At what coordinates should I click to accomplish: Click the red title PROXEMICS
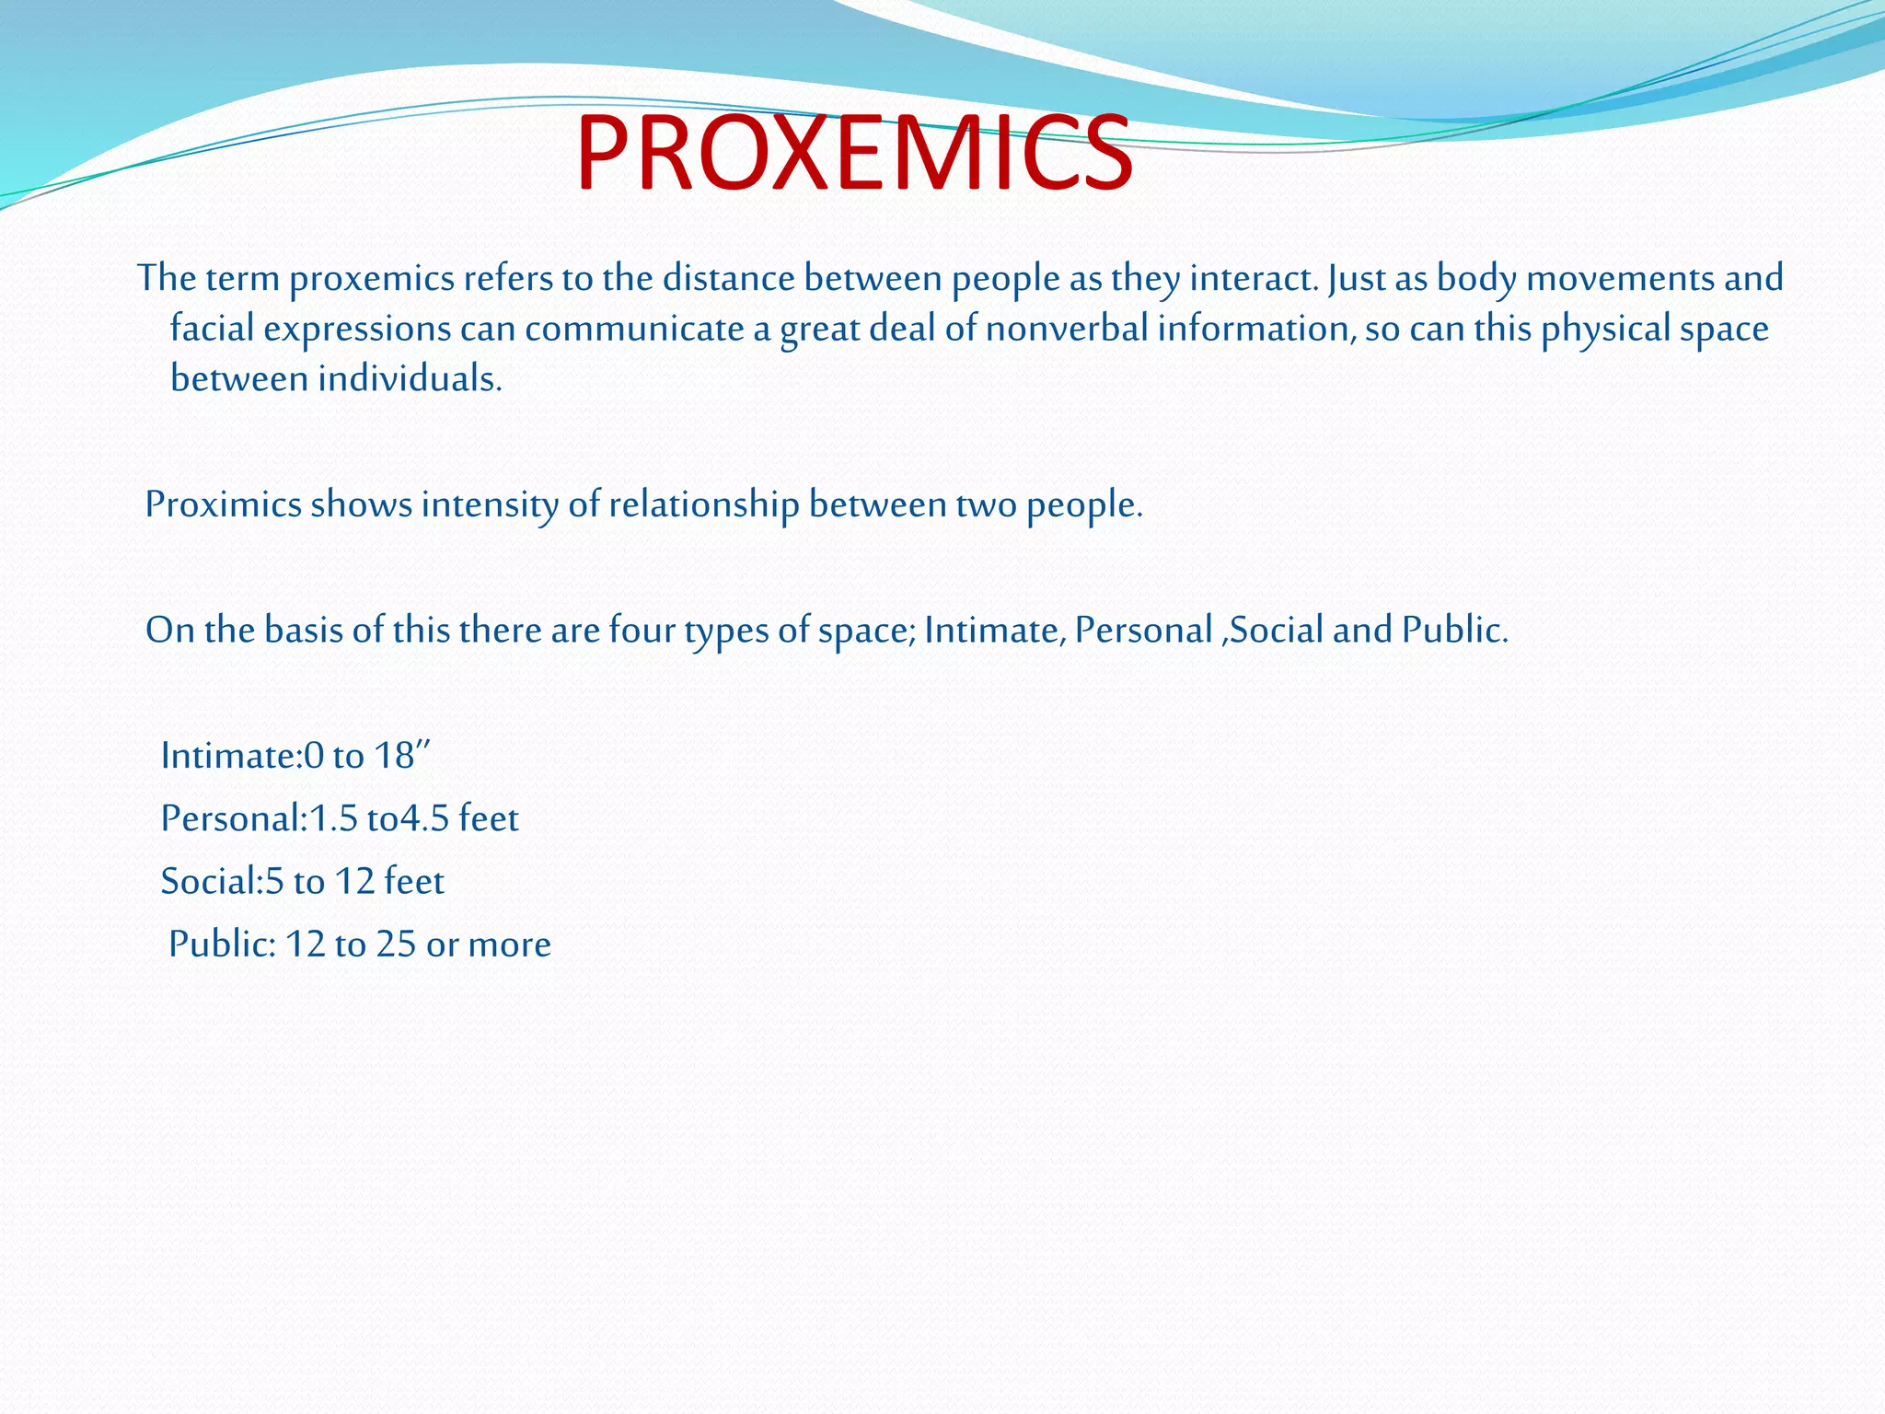pyautogui.click(x=854, y=155)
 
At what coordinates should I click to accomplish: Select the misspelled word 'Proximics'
pyautogui.click(x=223, y=505)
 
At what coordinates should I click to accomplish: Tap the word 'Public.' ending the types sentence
pyautogui.click(x=1455, y=631)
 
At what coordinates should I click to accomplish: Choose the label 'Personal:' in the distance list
pyautogui.click(x=234, y=818)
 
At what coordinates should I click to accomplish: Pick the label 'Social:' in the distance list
pyautogui.click(x=213, y=882)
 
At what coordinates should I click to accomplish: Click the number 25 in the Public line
pyautogui.click(x=396, y=945)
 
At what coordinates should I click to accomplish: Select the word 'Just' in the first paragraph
pyautogui.click(x=1357, y=279)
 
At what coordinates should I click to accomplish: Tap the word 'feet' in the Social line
pyautogui.click(x=414, y=882)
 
